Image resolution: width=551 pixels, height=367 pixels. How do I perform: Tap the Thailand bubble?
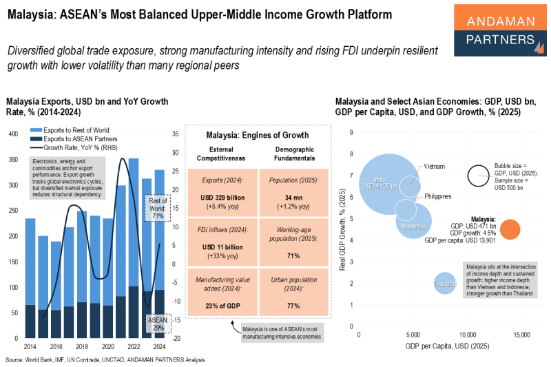(x=445, y=283)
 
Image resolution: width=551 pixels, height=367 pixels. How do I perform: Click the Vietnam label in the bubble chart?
(x=434, y=167)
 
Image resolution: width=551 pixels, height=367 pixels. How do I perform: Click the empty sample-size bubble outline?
(x=479, y=176)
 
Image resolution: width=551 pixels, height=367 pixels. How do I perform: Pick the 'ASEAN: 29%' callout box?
(x=156, y=323)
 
